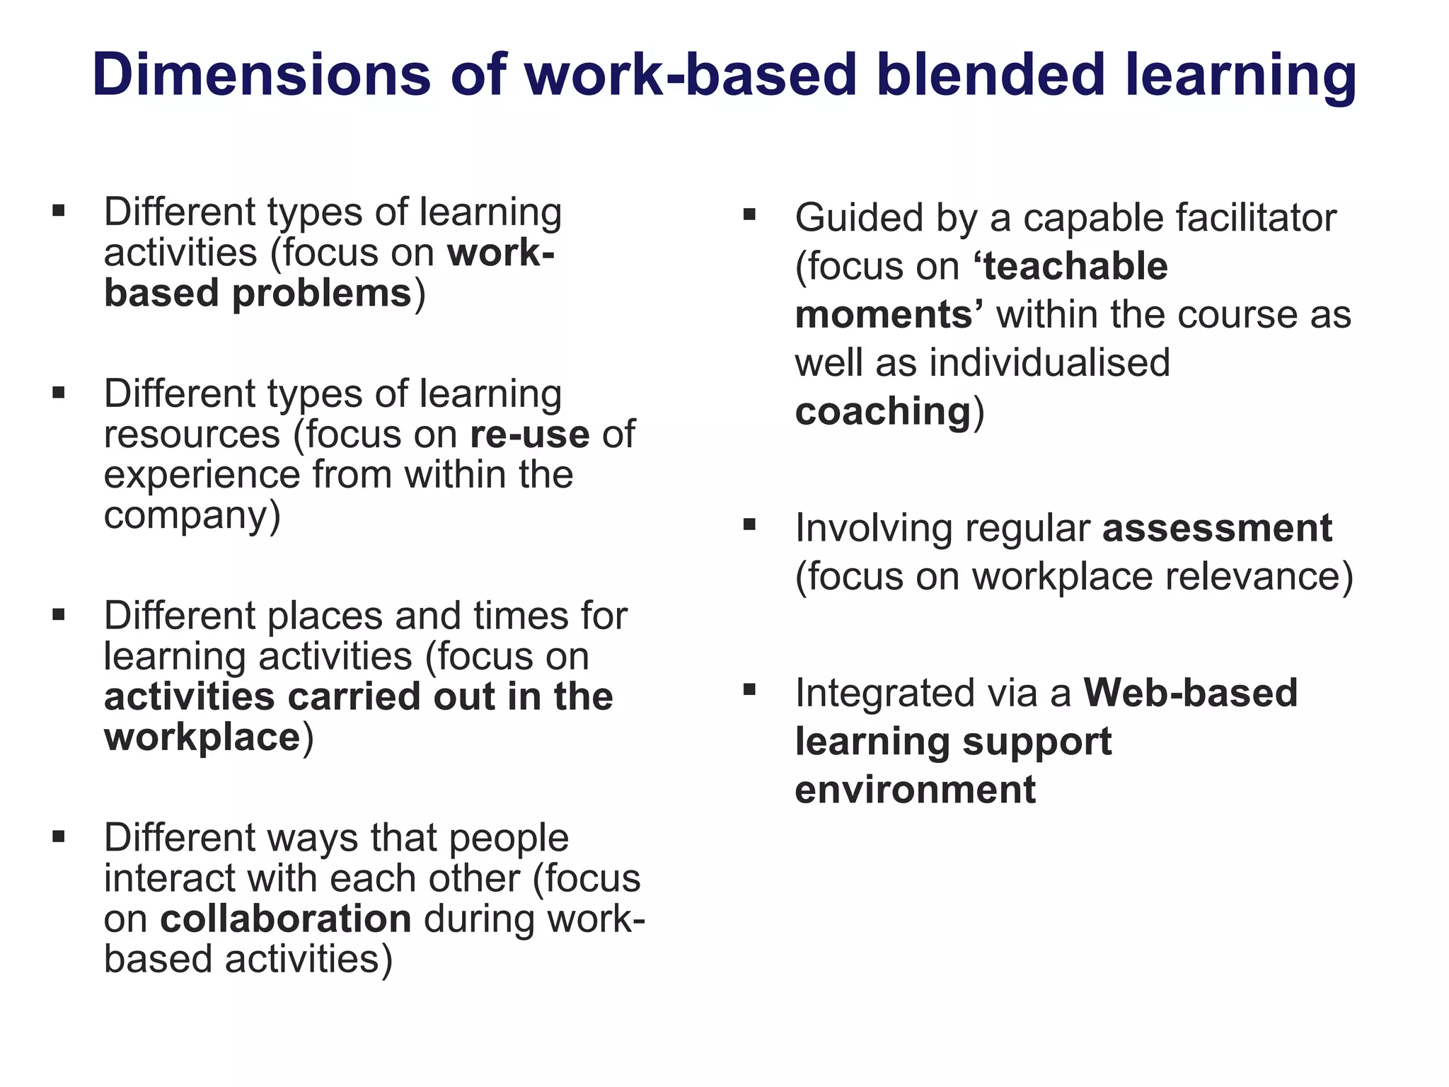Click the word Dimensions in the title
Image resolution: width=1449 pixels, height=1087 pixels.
tap(261, 74)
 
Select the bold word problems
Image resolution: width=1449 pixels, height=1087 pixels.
tap(322, 294)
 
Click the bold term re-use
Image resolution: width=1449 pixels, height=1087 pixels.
tap(529, 435)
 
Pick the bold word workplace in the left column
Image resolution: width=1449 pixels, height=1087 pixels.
tap(202, 737)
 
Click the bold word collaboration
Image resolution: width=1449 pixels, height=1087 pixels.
tap(286, 919)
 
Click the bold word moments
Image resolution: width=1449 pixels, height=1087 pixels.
tap(884, 315)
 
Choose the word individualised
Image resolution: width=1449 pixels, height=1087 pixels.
tap(1050, 363)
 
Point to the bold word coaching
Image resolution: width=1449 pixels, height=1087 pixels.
tap(883, 411)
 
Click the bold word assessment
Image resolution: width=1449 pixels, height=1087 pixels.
tap(1217, 528)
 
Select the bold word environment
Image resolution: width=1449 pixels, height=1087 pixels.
tap(915, 790)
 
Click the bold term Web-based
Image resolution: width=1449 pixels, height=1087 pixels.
tap(1191, 693)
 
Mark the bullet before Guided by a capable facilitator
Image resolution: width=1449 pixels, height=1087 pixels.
tap(750, 213)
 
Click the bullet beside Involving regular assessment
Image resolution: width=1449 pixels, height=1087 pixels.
tap(750, 524)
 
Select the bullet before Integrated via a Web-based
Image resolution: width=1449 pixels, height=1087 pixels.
tap(750, 689)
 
